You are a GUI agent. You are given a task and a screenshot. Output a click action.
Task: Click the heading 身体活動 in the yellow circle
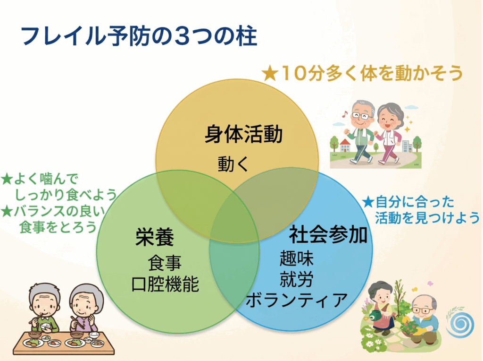244,134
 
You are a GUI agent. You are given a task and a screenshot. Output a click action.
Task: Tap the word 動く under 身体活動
233,164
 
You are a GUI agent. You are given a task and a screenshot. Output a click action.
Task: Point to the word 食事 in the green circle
165,263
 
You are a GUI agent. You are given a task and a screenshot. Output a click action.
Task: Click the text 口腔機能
165,284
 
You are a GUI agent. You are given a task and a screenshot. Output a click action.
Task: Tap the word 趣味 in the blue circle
296,258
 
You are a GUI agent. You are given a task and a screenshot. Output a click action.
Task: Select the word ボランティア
297,300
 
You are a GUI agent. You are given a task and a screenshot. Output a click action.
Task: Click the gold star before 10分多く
270,74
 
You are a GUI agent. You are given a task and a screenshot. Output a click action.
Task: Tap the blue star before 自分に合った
368,202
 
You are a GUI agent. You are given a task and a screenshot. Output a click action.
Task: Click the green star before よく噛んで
7,179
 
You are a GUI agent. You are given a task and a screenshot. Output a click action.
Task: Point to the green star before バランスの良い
7,211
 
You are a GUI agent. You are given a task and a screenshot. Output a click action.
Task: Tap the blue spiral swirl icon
460,324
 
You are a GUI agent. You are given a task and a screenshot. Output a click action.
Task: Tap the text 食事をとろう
58,227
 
